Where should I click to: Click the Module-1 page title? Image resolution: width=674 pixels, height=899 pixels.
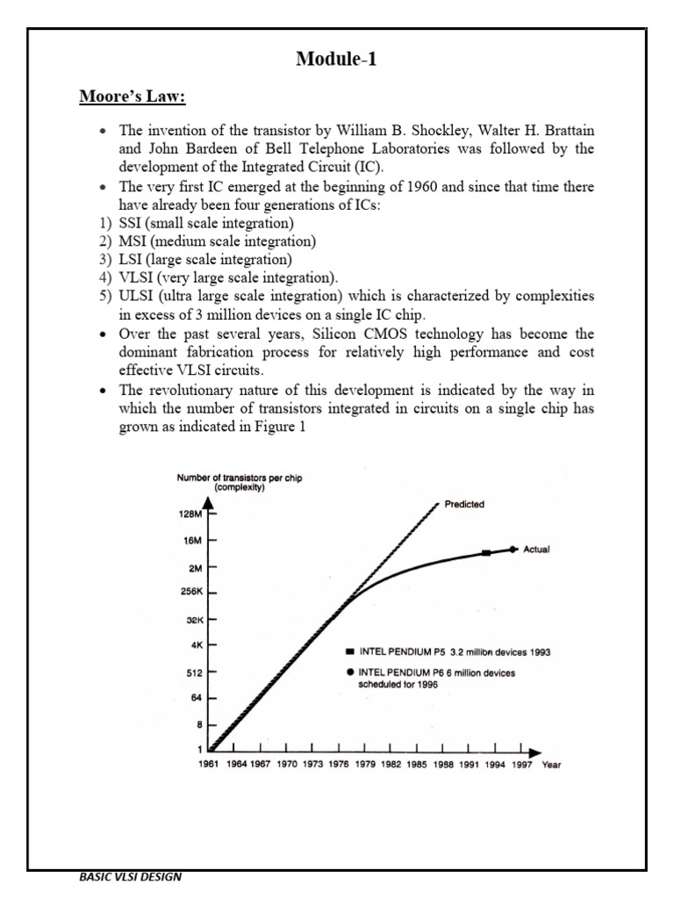(x=337, y=61)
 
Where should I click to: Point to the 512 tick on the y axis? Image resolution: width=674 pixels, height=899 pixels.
(x=195, y=672)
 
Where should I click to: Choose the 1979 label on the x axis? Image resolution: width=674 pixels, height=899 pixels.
(x=366, y=765)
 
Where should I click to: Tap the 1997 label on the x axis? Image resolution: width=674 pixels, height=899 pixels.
(x=522, y=765)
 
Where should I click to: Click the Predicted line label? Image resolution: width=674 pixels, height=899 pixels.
(x=465, y=505)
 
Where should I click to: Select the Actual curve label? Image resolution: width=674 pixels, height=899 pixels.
(x=536, y=550)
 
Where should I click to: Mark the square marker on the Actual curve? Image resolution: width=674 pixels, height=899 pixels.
(x=485, y=553)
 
